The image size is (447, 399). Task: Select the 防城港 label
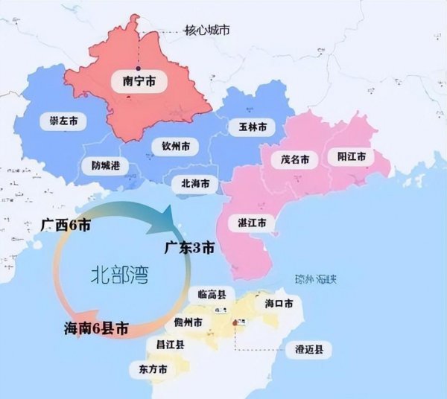coord(104,165)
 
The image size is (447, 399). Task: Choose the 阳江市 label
coord(351,156)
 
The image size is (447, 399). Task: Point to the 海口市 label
coord(278,304)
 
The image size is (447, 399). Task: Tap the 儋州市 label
coord(188,323)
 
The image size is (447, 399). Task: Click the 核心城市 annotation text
coord(207,31)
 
